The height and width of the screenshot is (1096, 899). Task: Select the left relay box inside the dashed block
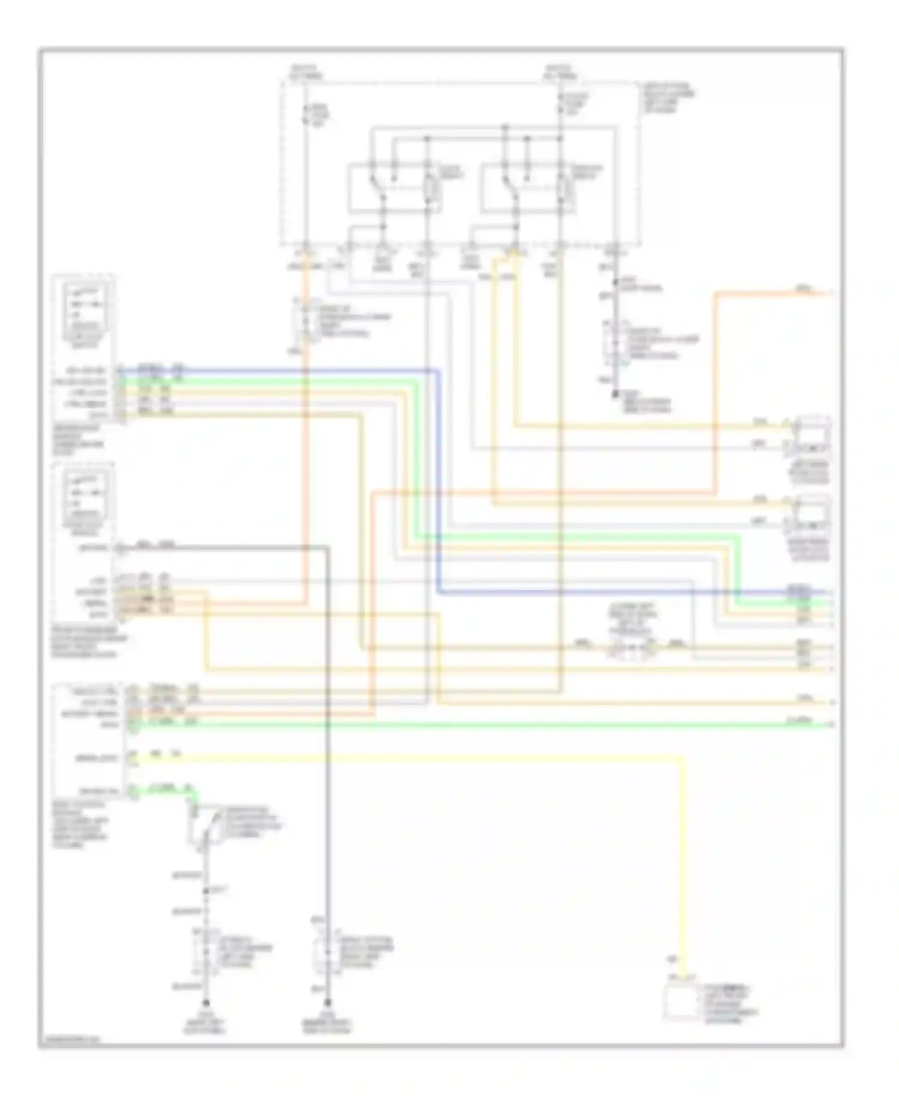point(396,188)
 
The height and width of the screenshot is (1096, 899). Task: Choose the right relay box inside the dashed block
point(527,188)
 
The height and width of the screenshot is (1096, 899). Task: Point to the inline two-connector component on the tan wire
point(632,648)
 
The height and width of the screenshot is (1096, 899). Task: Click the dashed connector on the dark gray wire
point(327,953)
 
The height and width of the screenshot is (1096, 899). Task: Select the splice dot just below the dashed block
point(615,281)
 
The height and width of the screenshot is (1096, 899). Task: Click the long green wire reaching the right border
point(479,725)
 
